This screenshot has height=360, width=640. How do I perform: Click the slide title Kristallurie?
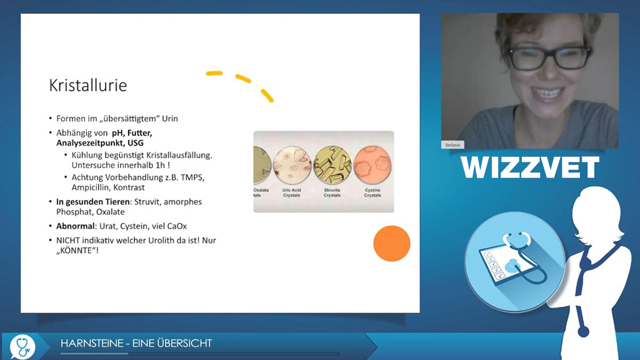pos(88,85)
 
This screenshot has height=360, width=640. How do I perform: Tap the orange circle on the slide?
pos(392,243)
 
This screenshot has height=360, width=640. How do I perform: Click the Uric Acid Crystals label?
pos(291,193)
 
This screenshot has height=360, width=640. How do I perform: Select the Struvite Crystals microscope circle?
pos(332,164)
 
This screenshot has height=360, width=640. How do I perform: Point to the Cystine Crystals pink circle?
pos(372,164)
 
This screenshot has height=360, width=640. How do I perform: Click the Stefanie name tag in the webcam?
pos(452,145)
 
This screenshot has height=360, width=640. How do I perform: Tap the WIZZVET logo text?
pos(530,167)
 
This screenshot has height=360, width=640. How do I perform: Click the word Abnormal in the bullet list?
pos(75,226)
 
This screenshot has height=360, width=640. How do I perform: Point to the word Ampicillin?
pos(90,187)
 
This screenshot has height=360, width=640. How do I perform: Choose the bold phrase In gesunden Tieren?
pos(93,202)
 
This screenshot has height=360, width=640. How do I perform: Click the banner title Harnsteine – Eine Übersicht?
pos(136,343)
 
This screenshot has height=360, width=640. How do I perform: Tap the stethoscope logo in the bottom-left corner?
pos(22,347)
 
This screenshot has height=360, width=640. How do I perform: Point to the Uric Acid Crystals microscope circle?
pos(292,164)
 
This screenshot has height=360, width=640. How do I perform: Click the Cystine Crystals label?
pos(372,193)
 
